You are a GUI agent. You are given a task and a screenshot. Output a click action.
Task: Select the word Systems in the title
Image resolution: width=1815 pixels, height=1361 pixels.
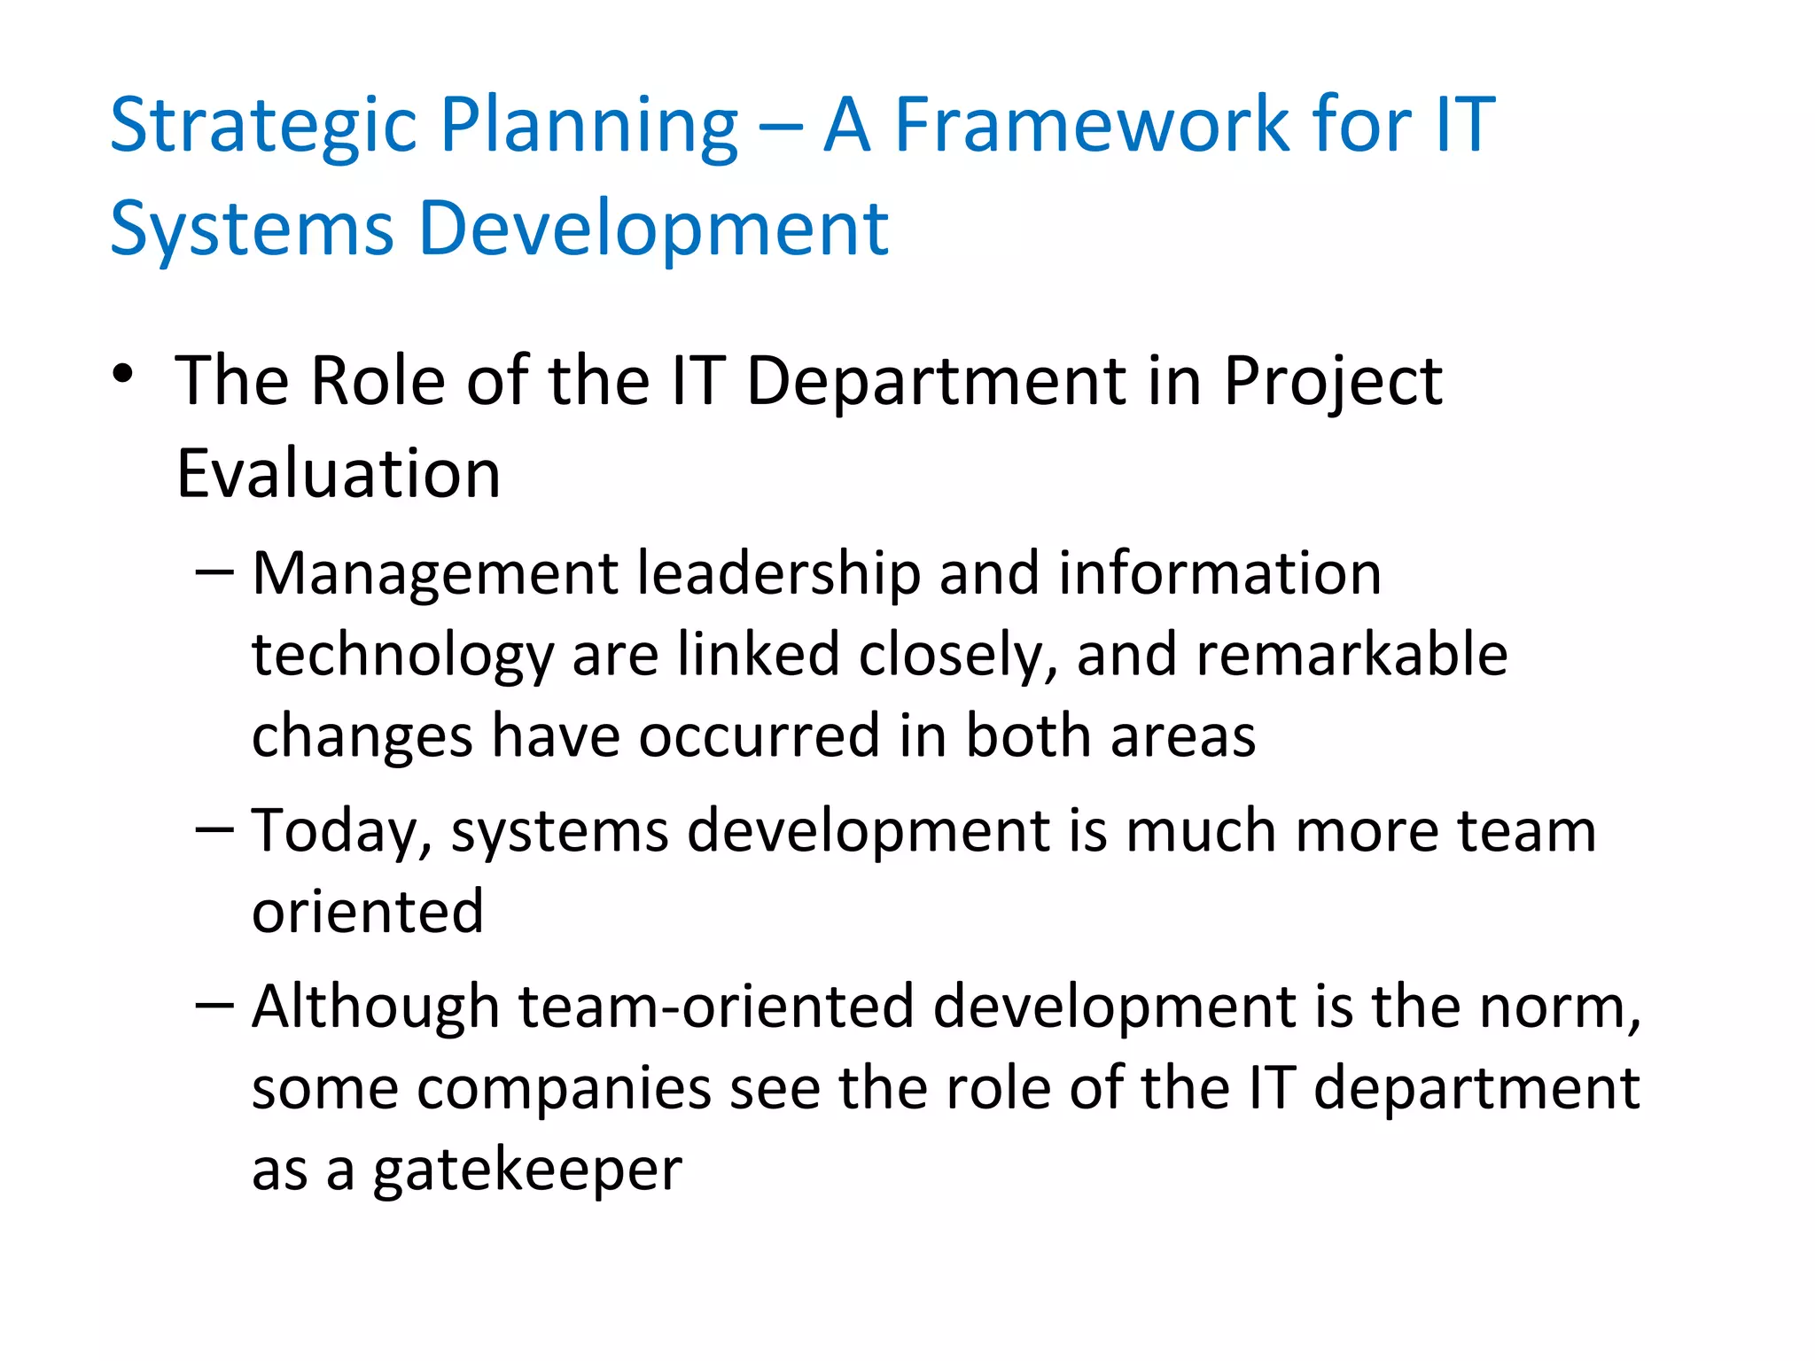[252, 229]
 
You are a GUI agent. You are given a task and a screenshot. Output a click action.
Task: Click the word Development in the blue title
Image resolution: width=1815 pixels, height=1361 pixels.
[653, 229]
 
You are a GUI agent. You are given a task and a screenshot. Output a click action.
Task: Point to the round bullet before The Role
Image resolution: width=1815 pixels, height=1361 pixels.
[122, 376]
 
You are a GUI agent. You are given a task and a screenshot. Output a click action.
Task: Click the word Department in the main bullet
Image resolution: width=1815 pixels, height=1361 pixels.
[936, 381]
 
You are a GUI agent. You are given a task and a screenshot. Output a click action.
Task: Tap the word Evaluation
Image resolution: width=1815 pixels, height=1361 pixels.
[339, 474]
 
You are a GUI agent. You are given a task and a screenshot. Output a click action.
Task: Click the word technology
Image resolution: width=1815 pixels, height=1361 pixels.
[402, 657]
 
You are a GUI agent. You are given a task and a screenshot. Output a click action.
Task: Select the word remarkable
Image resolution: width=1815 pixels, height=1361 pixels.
[1351, 655]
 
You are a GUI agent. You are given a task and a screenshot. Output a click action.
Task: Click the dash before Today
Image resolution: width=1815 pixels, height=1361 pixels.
[214, 829]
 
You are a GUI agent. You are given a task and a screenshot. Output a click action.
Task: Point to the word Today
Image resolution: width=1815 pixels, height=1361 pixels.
[341, 833]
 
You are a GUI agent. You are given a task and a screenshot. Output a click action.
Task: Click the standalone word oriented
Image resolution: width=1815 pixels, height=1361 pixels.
[368, 912]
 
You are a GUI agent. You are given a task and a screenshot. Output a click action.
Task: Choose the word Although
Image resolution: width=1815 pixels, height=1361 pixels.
[376, 1007]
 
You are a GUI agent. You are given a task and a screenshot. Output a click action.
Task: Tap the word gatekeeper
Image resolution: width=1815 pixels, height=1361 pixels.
[527, 1171]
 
